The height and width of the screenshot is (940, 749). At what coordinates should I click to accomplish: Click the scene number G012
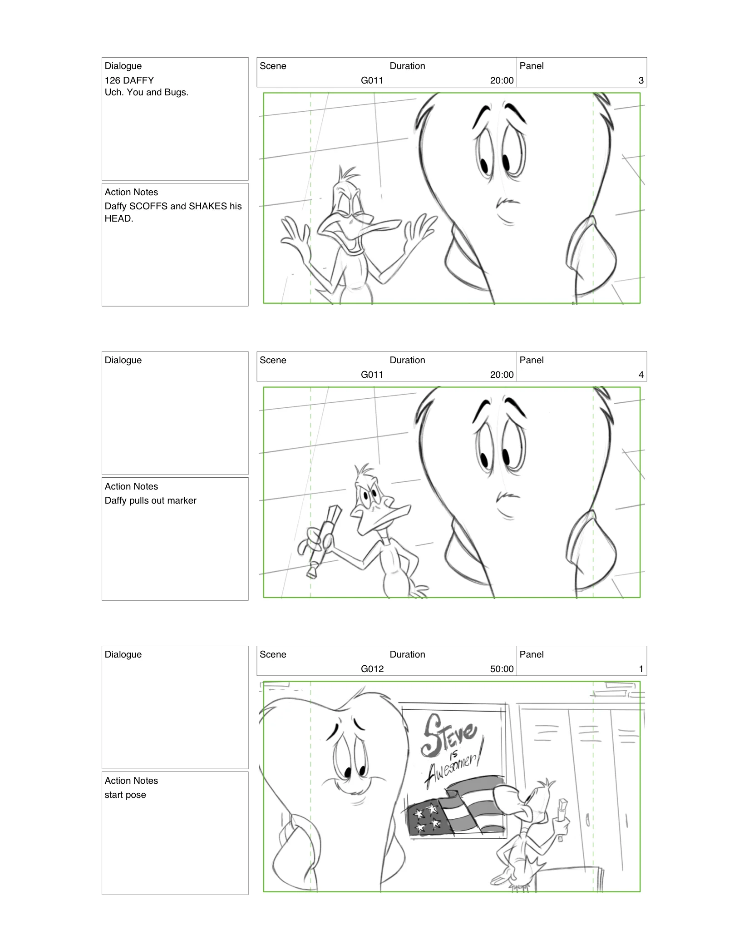(372, 669)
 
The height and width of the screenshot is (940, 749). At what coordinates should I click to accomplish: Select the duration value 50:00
(502, 669)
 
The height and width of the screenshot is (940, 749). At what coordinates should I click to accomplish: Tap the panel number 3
(641, 80)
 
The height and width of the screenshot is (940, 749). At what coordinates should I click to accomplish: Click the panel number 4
(641, 375)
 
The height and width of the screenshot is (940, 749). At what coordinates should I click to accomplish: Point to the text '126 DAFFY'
(129, 80)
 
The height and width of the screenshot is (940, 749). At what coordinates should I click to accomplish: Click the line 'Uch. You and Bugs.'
(146, 92)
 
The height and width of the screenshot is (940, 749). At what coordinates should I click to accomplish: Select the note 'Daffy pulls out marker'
(150, 500)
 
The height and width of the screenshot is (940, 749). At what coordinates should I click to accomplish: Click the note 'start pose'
(125, 795)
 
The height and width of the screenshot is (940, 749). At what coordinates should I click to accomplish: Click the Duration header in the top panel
(407, 66)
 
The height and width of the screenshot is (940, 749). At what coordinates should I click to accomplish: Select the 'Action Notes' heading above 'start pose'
(131, 781)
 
